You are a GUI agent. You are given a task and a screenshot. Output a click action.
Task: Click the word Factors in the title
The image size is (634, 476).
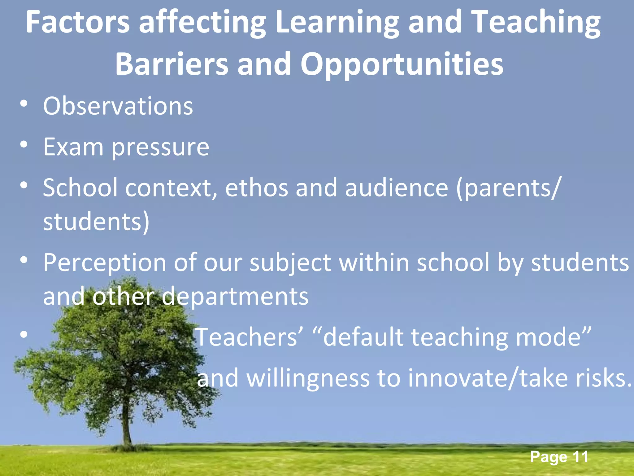(77, 22)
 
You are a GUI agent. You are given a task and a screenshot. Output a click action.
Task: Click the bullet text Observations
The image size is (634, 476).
(118, 106)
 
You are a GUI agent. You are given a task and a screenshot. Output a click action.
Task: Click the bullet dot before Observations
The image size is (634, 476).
(24, 104)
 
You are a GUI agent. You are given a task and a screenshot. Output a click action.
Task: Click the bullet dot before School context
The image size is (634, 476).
(24, 185)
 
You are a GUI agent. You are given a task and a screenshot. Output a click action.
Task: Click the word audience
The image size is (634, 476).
(397, 188)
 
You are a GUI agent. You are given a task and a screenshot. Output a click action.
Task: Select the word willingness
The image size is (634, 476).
(308, 379)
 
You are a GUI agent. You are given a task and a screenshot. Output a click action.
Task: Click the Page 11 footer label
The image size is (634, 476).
(559, 457)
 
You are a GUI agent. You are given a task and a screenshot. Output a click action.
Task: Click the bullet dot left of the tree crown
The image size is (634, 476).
(24, 335)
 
